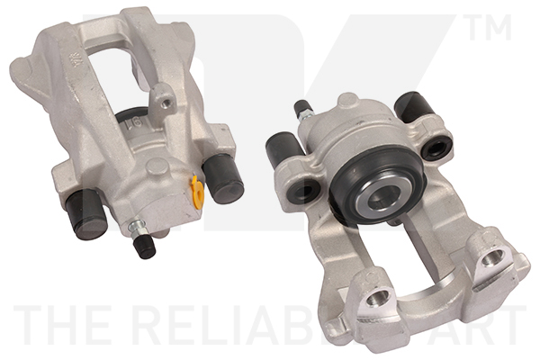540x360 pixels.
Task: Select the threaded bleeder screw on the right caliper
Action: [301, 112]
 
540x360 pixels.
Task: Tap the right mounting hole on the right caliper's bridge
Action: [491, 262]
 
